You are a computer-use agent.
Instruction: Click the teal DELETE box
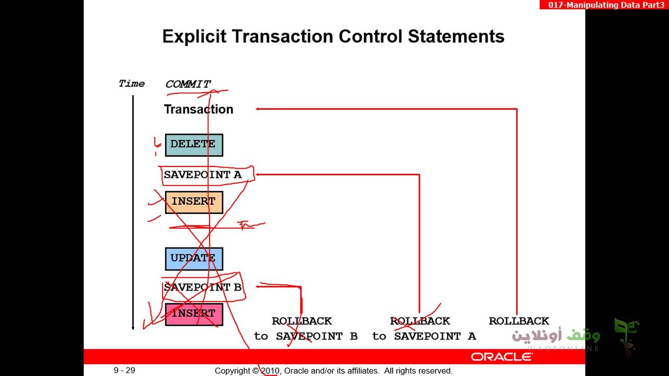pyautogui.click(x=193, y=145)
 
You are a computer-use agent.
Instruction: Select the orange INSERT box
pyautogui.click(x=193, y=202)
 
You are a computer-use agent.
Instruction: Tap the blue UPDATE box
pyautogui.click(x=193, y=258)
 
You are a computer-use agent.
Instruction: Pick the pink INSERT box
pyautogui.click(x=193, y=314)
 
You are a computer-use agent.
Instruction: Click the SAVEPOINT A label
pyautogui.click(x=203, y=175)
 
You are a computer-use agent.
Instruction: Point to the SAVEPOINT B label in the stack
pyautogui.click(x=203, y=287)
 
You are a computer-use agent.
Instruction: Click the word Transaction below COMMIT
pyautogui.click(x=199, y=109)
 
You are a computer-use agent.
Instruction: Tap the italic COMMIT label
pyautogui.click(x=188, y=84)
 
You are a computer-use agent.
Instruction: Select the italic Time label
pyautogui.click(x=131, y=84)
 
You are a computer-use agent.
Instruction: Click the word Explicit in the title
pyautogui.click(x=194, y=37)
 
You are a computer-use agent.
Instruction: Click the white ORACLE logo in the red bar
pyautogui.click(x=501, y=357)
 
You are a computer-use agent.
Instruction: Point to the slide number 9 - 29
pyautogui.click(x=124, y=370)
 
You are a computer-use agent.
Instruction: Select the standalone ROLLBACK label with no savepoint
pyautogui.click(x=518, y=321)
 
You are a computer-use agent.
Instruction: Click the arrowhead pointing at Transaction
pyautogui.click(x=258, y=109)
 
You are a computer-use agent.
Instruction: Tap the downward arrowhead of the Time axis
pyautogui.click(x=133, y=327)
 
